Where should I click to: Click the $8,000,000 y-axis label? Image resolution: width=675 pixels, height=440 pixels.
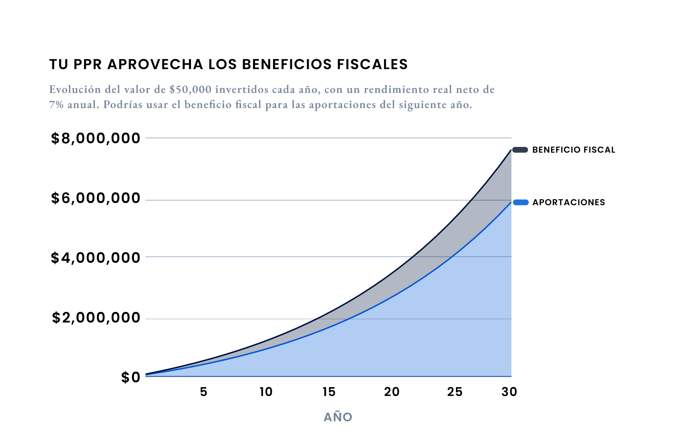click(x=95, y=138)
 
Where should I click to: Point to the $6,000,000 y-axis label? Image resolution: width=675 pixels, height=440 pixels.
click(x=95, y=198)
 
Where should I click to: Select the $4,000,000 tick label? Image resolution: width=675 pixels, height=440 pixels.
click(x=95, y=258)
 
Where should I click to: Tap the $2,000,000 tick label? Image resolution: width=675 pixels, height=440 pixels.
click(x=96, y=318)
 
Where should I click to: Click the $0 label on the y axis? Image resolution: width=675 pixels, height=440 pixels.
click(x=130, y=377)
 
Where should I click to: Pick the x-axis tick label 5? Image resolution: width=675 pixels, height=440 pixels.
click(x=204, y=392)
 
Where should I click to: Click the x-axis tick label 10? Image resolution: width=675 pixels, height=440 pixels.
click(x=266, y=392)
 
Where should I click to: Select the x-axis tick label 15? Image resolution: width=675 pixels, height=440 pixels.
click(x=329, y=392)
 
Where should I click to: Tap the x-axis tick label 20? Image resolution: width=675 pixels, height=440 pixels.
click(x=392, y=392)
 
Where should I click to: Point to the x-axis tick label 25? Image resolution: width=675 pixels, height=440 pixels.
click(x=455, y=392)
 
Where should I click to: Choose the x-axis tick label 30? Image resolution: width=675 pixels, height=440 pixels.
click(x=509, y=392)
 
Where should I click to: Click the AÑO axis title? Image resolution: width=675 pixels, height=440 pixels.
click(x=338, y=417)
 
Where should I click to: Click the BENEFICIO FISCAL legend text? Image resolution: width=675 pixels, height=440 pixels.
click(x=573, y=150)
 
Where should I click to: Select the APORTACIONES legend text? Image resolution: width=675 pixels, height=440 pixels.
click(x=568, y=202)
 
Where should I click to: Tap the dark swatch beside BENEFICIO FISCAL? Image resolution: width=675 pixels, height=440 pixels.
click(x=520, y=150)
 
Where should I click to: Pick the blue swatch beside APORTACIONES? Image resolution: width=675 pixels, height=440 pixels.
click(x=520, y=202)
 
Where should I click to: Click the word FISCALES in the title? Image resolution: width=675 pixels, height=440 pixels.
click(x=372, y=64)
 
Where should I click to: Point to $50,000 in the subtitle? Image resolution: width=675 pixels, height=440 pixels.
click(x=190, y=89)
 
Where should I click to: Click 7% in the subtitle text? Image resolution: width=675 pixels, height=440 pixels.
click(x=56, y=104)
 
